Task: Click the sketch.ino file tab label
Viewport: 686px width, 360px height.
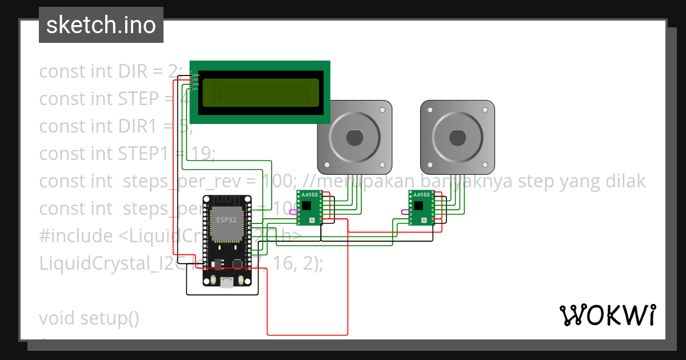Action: click(x=101, y=25)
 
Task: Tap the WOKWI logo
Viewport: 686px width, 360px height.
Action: click(x=607, y=315)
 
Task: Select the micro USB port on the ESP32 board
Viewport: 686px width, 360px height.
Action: click(x=228, y=282)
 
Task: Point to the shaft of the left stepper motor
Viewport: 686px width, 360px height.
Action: click(x=354, y=138)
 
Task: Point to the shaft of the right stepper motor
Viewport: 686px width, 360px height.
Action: click(x=457, y=138)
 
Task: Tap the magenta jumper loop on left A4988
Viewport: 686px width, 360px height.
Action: click(x=293, y=212)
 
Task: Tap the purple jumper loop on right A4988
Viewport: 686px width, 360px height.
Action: click(x=405, y=212)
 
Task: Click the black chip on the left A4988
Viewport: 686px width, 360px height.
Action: click(x=308, y=205)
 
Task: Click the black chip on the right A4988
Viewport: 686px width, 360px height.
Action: click(x=420, y=205)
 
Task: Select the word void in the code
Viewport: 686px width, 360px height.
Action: click(x=58, y=318)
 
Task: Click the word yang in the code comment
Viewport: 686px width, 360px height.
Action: click(x=572, y=181)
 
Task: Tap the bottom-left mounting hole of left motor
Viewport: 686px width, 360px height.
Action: click(x=326, y=166)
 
